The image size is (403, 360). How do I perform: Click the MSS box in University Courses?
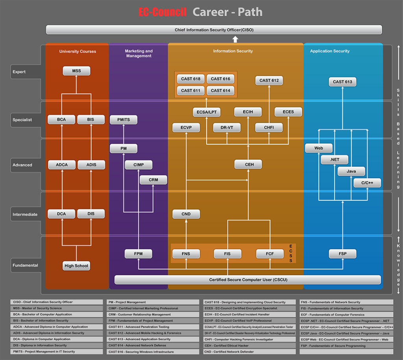[76, 71]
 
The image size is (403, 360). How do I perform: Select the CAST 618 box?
[190, 79]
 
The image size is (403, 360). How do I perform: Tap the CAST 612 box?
[269, 81]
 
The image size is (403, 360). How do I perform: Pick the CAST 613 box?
[342, 82]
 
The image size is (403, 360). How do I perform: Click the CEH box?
[249, 164]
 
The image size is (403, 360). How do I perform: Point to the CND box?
[186, 214]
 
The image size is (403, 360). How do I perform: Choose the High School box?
[76, 266]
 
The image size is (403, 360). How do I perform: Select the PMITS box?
[124, 120]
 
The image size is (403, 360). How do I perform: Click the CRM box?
[153, 180]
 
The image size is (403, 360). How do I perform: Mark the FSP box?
[342, 254]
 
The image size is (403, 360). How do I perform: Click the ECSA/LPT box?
[207, 112]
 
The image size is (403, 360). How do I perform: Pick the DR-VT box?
[227, 127]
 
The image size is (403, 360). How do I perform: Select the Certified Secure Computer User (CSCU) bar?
[248, 280]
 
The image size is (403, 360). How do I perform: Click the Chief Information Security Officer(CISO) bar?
[214, 30]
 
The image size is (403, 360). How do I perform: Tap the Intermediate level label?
[25, 214]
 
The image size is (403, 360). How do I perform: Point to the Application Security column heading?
[329, 51]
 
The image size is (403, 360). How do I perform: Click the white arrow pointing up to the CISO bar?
[235, 39]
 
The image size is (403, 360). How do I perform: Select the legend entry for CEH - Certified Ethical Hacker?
[249, 345]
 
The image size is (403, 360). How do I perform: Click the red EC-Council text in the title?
[163, 12]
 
